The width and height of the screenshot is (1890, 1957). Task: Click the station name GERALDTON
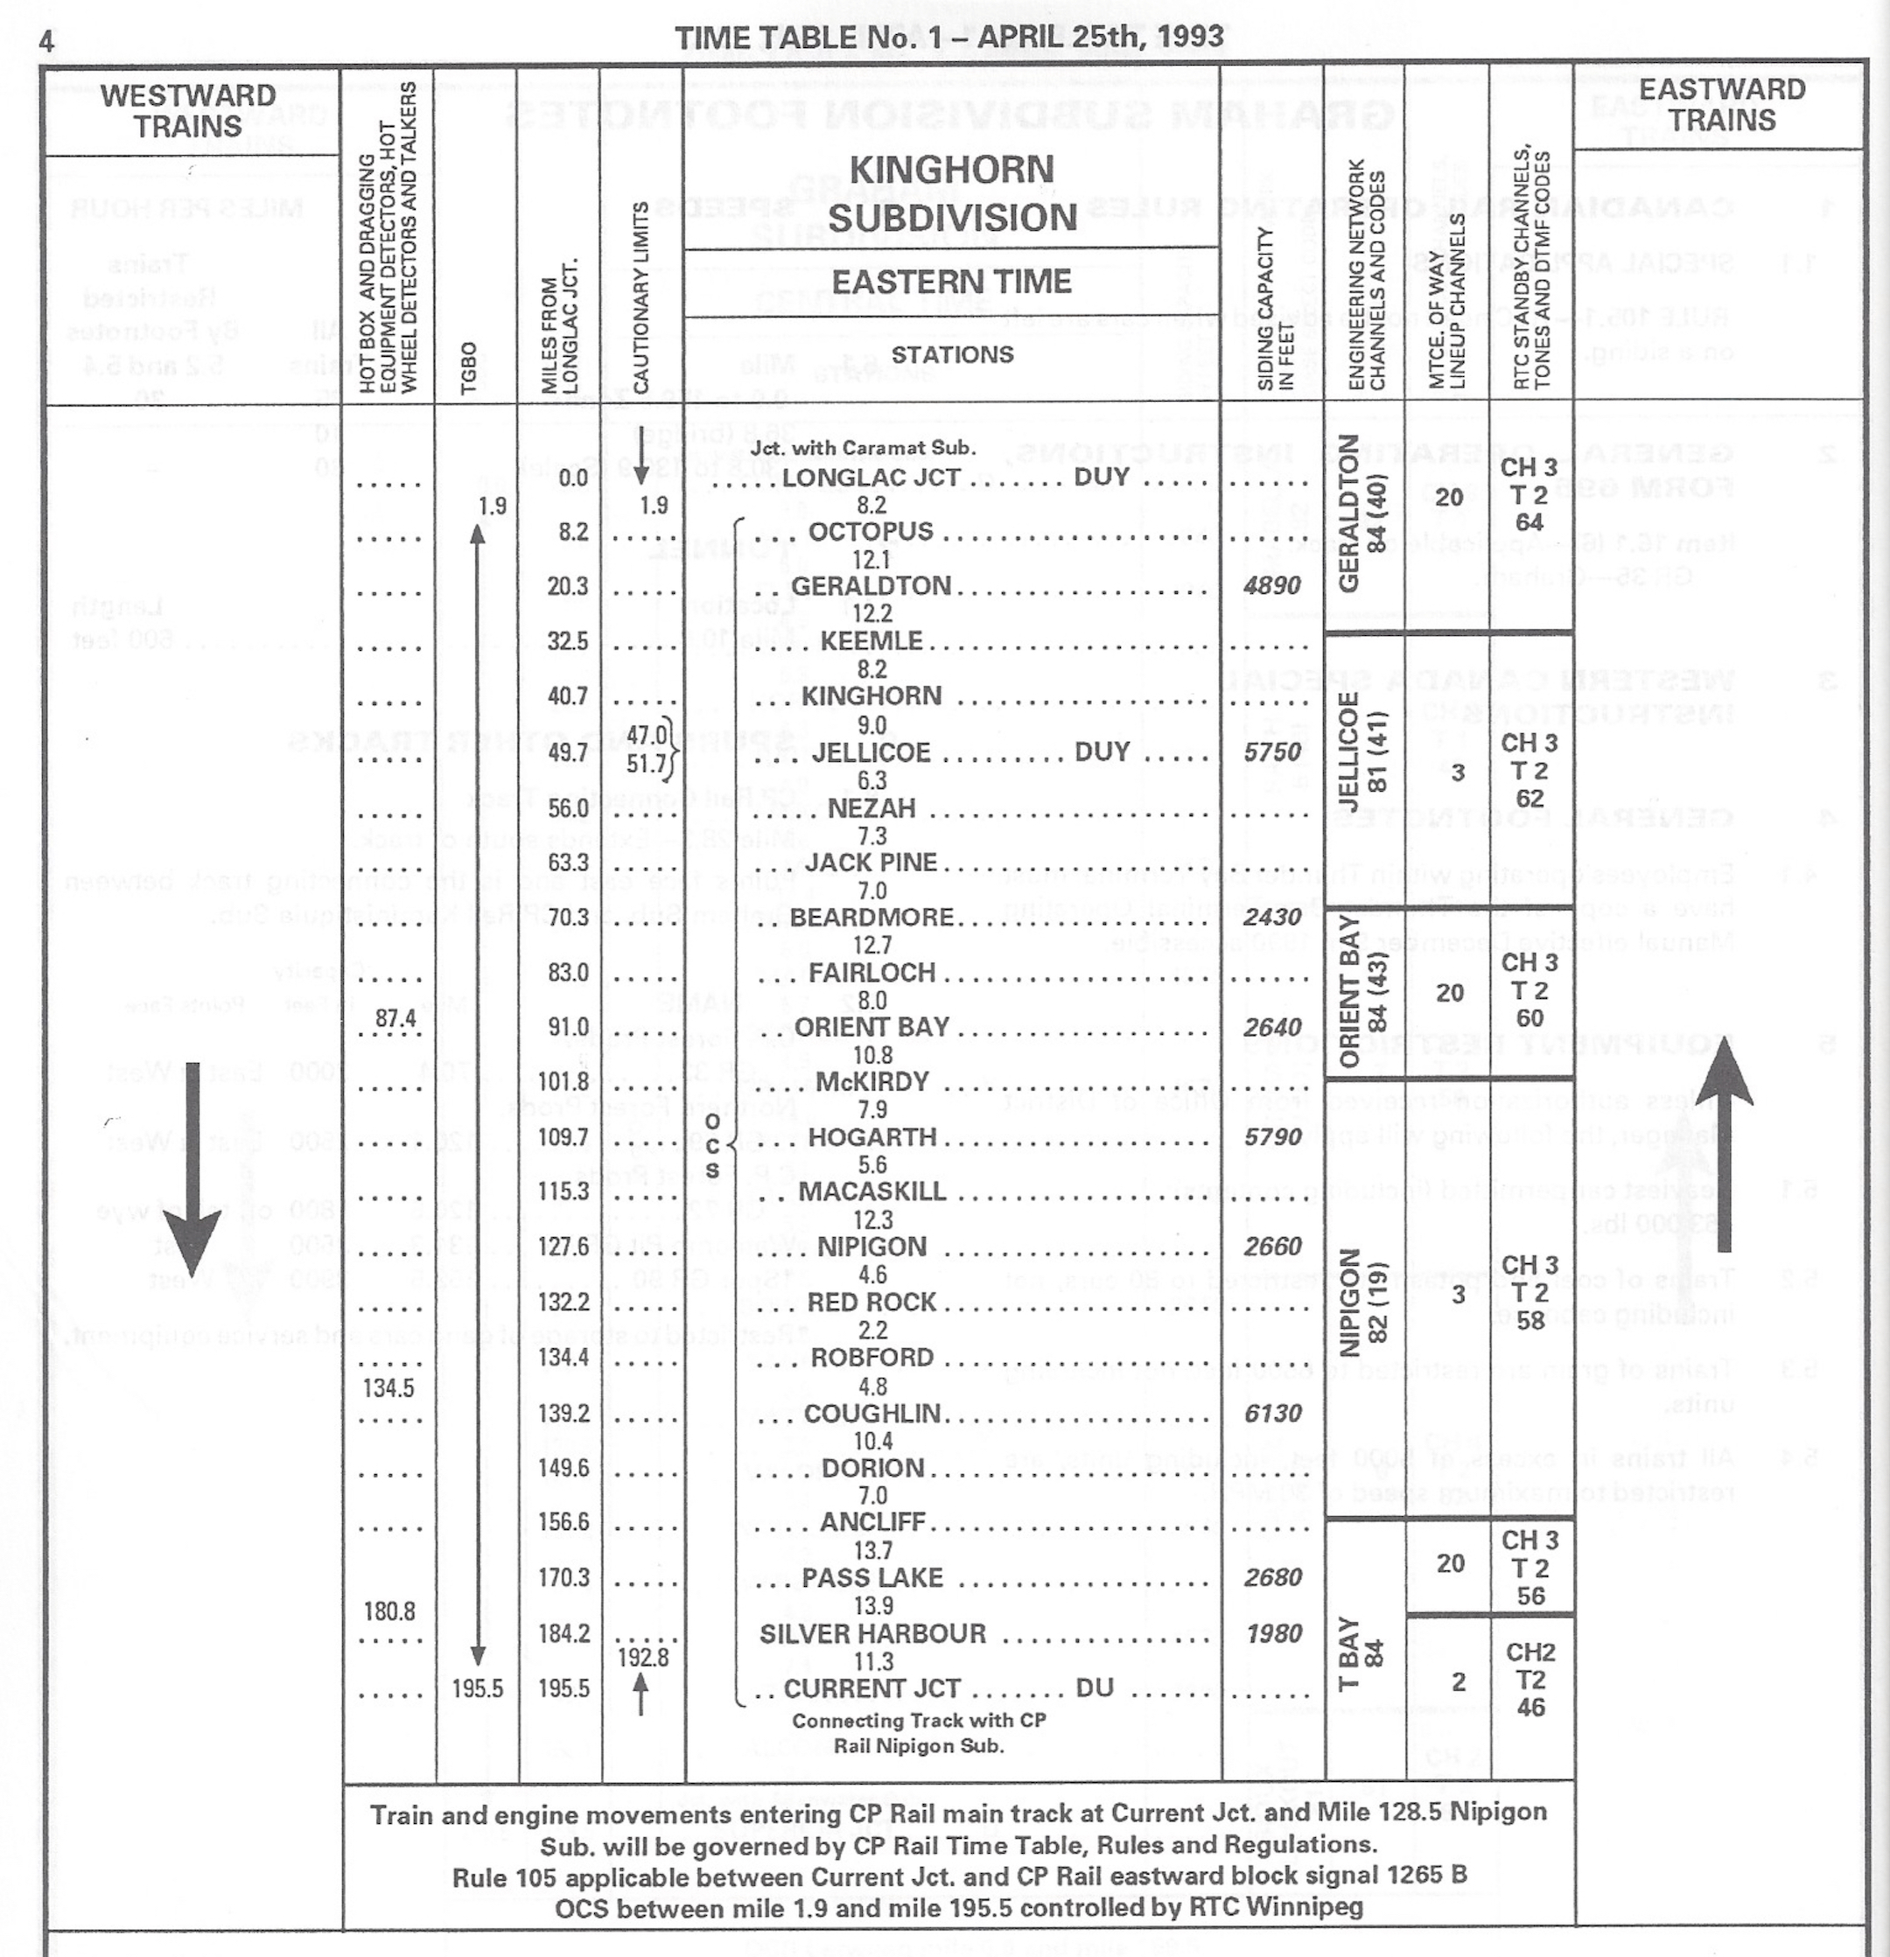coord(871,585)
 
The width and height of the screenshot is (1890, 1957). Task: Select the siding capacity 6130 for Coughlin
coord(1273,1413)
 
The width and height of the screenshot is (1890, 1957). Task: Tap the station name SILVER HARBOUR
coord(871,1633)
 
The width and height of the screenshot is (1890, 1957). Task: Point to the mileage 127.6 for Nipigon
coord(567,1246)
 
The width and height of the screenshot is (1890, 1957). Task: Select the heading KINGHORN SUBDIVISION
coord(951,192)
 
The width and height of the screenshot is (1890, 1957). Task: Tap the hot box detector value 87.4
coord(395,1018)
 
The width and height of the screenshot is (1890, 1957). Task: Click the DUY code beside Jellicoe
coord(1102,751)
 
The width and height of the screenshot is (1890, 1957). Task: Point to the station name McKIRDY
coord(871,1081)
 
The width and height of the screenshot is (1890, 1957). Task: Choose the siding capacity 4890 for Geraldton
coord(1272,585)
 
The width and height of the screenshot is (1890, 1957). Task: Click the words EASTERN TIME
coord(951,282)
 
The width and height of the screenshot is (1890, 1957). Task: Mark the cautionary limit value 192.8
coord(643,1658)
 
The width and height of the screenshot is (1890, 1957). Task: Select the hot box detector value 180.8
coord(388,1611)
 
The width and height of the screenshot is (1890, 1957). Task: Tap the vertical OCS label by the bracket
coord(712,1146)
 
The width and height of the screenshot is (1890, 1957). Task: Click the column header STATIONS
coord(951,354)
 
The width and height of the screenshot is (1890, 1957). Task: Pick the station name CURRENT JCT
coord(871,1688)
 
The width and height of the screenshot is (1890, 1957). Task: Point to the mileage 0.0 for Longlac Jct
coord(573,478)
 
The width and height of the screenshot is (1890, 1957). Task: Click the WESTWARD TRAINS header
coord(188,111)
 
